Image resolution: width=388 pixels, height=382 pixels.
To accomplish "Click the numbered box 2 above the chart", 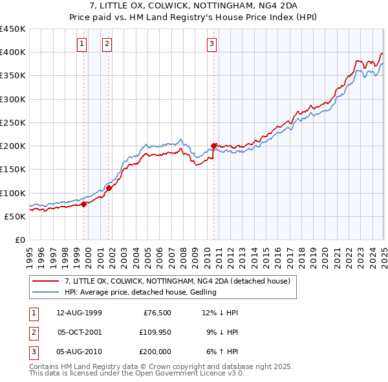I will pos(107,44).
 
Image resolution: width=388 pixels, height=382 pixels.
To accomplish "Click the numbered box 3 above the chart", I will pos(212,44).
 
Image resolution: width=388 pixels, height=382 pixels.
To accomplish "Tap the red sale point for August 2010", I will pos(214,146).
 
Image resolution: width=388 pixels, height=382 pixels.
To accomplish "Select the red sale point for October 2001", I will pos(109,188).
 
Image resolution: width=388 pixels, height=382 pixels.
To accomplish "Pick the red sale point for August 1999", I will pos(83,204).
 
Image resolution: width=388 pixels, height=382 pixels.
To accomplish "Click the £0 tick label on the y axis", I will pos(19,240).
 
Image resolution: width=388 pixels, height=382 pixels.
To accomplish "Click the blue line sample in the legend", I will pos(45,292).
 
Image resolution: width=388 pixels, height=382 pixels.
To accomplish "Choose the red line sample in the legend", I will pos(45,281).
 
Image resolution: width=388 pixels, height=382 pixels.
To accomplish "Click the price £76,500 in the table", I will pos(156,312).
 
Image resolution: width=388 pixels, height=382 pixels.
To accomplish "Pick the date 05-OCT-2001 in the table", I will pos(80,332).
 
